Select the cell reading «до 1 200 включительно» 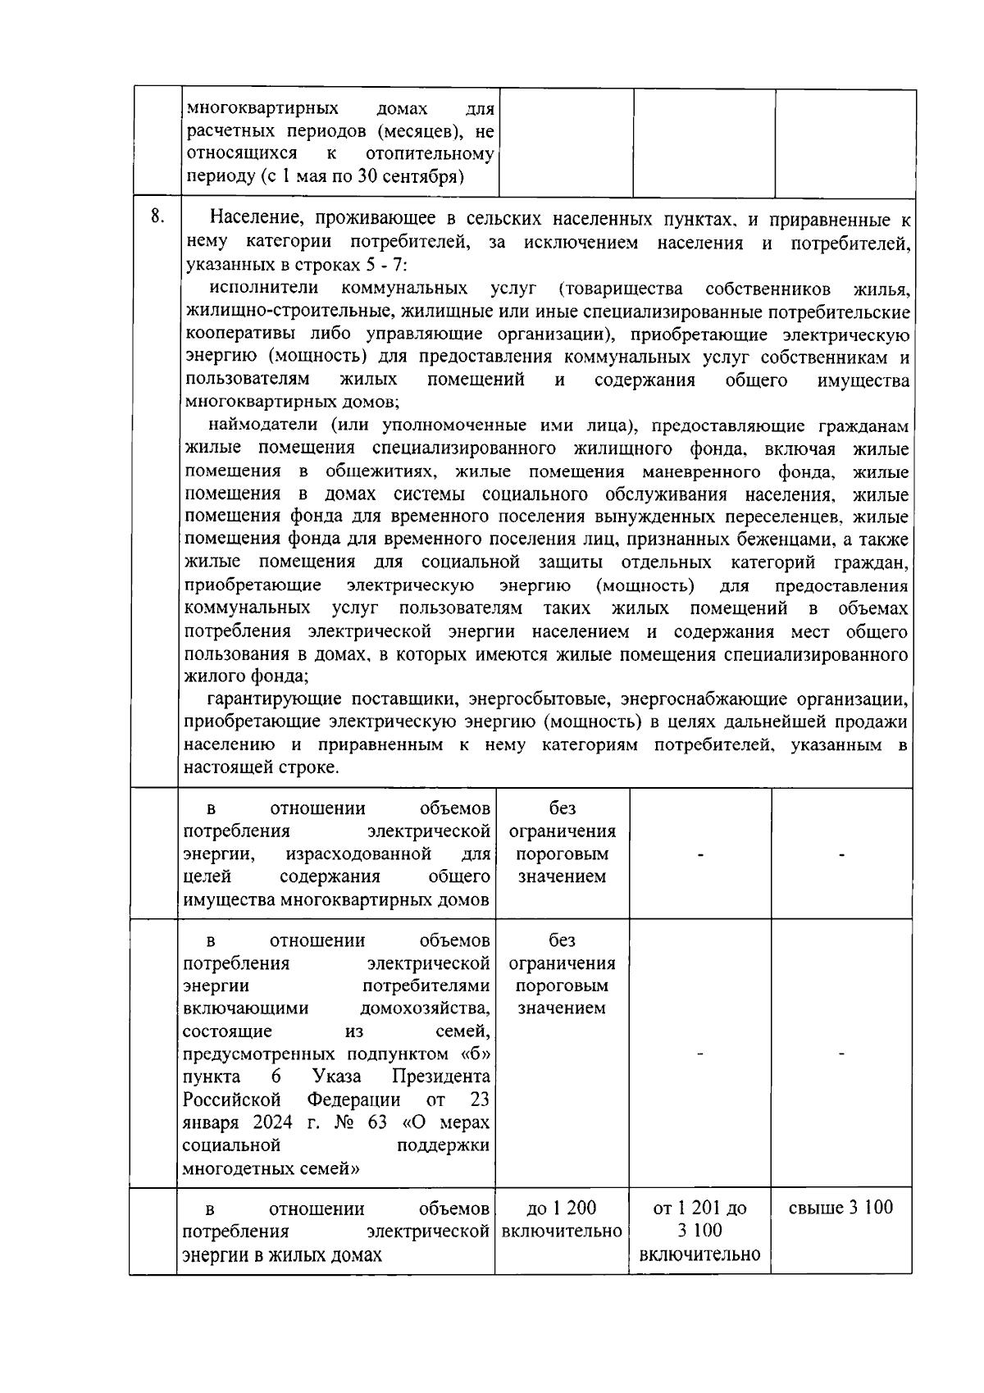pyautogui.click(x=562, y=1220)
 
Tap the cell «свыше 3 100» pyautogui.click(x=840, y=1208)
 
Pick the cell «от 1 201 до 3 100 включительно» pyautogui.click(x=699, y=1231)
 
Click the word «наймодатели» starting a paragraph pyautogui.click(x=262, y=426)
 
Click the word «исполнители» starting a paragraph pyautogui.click(x=263, y=289)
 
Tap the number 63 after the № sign pyautogui.click(x=377, y=1122)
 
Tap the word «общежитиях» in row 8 pyautogui.click(x=380, y=472)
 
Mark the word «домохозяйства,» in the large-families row pyautogui.click(x=425, y=1008)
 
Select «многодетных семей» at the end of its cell pyautogui.click(x=271, y=1168)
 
